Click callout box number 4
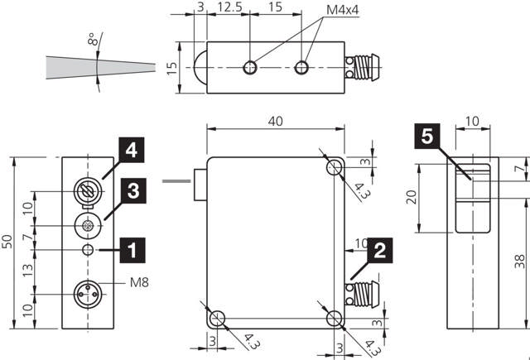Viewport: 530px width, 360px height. tap(132, 150)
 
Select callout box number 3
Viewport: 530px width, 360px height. tap(133, 191)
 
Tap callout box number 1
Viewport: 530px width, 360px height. tap(132, 250)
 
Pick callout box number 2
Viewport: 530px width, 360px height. tap(380, 250)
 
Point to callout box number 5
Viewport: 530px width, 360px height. tap(427, 136)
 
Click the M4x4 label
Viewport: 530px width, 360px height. tap(342, 10)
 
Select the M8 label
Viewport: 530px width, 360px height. tap(139, 282)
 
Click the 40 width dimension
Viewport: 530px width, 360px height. tap(276, 121)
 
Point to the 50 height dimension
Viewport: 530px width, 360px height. tap(7, 241)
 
